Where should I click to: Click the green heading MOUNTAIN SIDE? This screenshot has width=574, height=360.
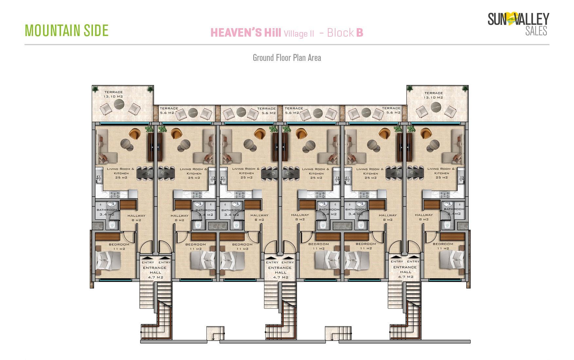tap(66, 30)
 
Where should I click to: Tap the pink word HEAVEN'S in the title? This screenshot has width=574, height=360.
tap(235, 33)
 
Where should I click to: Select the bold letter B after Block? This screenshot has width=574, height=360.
tap(360, 33)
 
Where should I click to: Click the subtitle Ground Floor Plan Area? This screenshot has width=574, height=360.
tap(287, 58)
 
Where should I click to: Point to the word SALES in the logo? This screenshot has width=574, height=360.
tap(536, 31)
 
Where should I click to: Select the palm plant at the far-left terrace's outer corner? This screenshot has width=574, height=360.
tap(95, 89)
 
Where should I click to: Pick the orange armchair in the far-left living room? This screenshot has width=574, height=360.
tap(135, 134)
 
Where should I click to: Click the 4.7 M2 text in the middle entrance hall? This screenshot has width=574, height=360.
tap(280, 277)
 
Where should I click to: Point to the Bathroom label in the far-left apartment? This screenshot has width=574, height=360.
tap(107, 210)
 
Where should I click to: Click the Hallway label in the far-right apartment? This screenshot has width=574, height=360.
tap(424, 215)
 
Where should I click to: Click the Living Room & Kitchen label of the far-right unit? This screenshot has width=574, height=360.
tap(441, 171)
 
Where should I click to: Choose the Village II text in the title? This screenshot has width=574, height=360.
tap(299, 34)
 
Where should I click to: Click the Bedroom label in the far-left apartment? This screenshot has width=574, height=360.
tap(119, 244)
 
